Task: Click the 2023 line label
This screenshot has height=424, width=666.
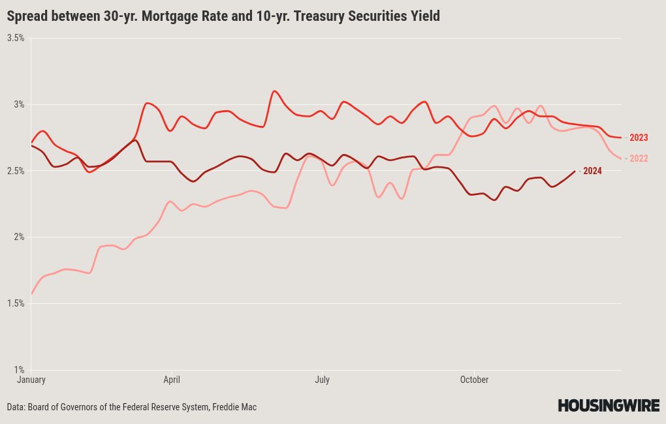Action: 639,138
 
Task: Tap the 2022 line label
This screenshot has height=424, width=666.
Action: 639,159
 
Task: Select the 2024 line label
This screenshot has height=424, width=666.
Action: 592,171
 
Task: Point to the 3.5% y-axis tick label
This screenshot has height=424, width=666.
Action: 16,38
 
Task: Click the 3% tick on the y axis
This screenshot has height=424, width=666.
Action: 19,104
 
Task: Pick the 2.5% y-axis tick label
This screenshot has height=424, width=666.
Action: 16,171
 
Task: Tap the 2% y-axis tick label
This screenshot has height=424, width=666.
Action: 19,237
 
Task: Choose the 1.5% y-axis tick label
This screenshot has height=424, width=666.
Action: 16,303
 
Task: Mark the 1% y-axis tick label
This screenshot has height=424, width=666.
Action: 19,370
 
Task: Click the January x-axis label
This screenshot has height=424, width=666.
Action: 31,380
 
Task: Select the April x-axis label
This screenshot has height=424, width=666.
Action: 172,380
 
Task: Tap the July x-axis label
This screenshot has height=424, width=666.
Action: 322,380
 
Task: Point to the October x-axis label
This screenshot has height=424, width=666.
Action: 474,380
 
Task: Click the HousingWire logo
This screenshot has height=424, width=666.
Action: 609,405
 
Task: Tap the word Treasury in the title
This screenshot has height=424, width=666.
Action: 318,16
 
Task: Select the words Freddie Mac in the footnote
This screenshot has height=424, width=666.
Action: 234,407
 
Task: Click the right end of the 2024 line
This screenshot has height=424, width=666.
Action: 575,171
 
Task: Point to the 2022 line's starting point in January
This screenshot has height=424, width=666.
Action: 31,294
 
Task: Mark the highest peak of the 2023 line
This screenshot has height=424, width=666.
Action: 274,91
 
